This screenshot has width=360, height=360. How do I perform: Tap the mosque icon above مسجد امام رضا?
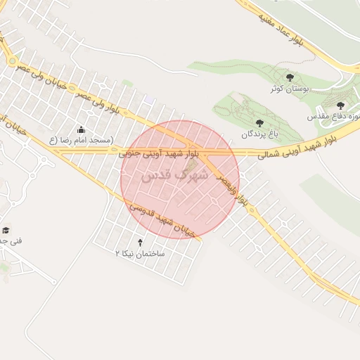coord(81,129)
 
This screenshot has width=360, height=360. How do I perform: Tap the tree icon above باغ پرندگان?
coord(259,123)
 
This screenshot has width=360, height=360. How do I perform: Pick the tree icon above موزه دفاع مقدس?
coord(340,105)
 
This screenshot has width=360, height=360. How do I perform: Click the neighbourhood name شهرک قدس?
coord(174,176)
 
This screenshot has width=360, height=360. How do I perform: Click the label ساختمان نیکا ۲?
coord(140,252)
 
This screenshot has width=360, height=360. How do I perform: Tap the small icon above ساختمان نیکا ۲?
coord(139,243)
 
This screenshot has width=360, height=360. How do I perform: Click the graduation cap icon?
coord(6,231)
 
